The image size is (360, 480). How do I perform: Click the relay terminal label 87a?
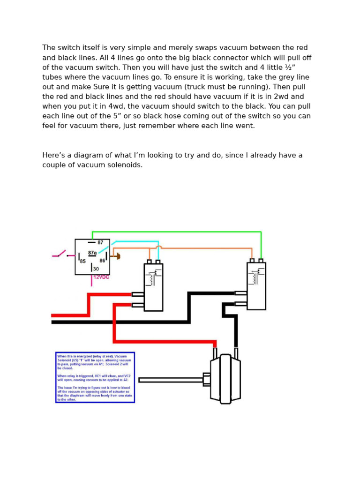[92, 253]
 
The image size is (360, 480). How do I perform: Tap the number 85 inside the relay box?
[83, 261]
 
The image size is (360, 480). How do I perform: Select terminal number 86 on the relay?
[102, 261]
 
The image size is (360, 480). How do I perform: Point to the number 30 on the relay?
[96, 269]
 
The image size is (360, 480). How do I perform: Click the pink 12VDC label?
[101, 277]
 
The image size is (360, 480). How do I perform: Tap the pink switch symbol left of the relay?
[60, 255]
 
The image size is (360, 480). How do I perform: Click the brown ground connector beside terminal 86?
[118, 256]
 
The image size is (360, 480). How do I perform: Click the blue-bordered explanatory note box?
[95, 377]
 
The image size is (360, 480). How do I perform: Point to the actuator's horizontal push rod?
[171, 380]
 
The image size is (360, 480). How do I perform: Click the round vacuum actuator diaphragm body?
[225, 379]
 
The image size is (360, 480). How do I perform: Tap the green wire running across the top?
[178, 232]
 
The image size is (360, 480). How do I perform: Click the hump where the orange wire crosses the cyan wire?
[159, 247]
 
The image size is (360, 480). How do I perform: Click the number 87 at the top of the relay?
[100, 243]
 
